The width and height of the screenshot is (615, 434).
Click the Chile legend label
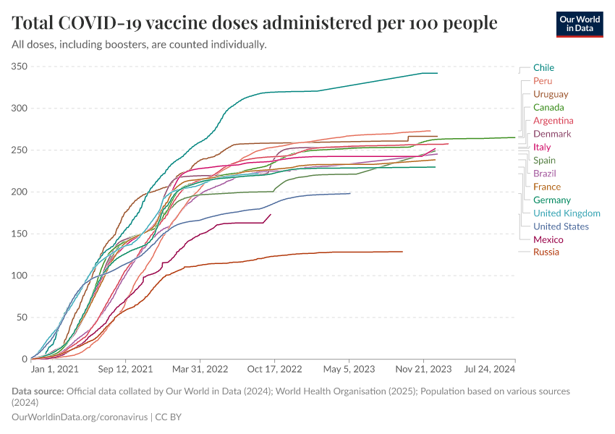pyautogui.click(x=543, y=68)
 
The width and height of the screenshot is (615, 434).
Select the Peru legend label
pyautogui.click(x=543, y=81)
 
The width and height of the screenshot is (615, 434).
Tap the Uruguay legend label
pyautogui.click(x=551, y=94)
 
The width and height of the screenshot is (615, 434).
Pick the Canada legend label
pyautogui.click(x=548, y=108)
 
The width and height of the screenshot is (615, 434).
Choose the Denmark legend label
pyautogui.click(x=552, y=134)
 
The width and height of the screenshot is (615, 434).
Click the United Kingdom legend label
pyautogui.click(x=567, y=213)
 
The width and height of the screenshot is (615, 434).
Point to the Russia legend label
pyautogui.click(x=546, y=252)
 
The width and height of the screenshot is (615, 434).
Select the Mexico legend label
pyautogui.click(x=548, y=239)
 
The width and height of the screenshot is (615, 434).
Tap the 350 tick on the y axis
pyautogui.click(x=20, y=67)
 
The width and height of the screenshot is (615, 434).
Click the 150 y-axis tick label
pyautogui.click(x=20, y=234)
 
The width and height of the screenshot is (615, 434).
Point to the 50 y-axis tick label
pyautogui.click(x=22, y=318)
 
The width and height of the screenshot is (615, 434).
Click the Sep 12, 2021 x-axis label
pyautogui.click(x=127, y=369)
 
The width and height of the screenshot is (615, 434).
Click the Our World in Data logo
pyautogui.click(x=580, y=24)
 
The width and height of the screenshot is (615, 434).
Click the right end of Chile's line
pyautogui.click(x=438, y=73)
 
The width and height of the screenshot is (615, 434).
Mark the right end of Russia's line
pyautogui.click(x=402, y=252)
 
